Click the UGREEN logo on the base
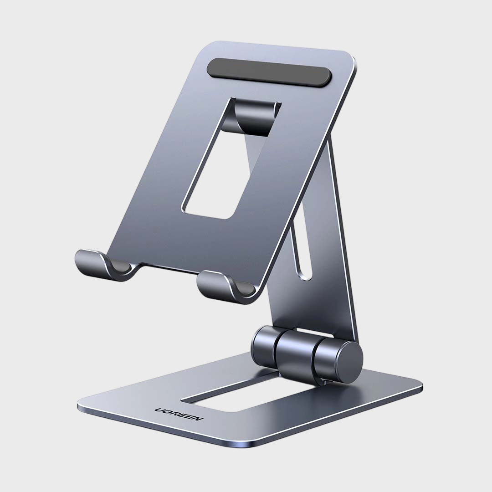pyautogui.click(x=179, y=414)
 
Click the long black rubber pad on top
pyautogui.click(x=269, y=72)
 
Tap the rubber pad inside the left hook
pyautogui.click(x=121, y=266)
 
